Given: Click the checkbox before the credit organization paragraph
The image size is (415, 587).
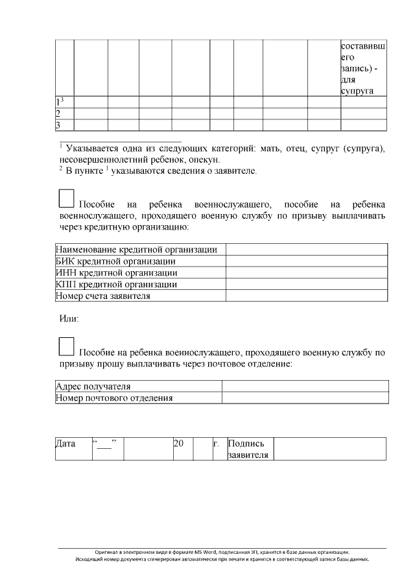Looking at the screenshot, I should [67, 198].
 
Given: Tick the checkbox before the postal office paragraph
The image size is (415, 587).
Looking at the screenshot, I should [66, 346].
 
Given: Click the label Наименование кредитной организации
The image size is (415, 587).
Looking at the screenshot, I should [136, 250].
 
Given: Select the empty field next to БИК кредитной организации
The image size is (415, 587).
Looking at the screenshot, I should [306, 261].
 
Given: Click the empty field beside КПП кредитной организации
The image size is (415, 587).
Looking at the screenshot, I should [306, 285].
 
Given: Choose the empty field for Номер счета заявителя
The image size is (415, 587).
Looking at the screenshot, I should [306, 296].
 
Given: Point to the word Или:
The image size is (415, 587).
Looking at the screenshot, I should [69, 319].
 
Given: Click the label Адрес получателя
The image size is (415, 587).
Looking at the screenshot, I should [93, 387].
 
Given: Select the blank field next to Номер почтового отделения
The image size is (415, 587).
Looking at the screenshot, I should [305, 398].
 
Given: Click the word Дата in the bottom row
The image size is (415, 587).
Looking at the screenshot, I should [65, 444].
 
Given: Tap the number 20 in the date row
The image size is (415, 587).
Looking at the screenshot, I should [179, 444].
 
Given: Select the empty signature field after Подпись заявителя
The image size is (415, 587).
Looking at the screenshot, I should [331, 449].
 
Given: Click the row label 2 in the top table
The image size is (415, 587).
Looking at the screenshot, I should [58, 114].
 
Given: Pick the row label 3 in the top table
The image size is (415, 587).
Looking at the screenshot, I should [58, 125].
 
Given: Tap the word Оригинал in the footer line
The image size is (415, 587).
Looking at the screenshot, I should [108, 551].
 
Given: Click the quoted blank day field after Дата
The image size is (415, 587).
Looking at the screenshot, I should [104, 444].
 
